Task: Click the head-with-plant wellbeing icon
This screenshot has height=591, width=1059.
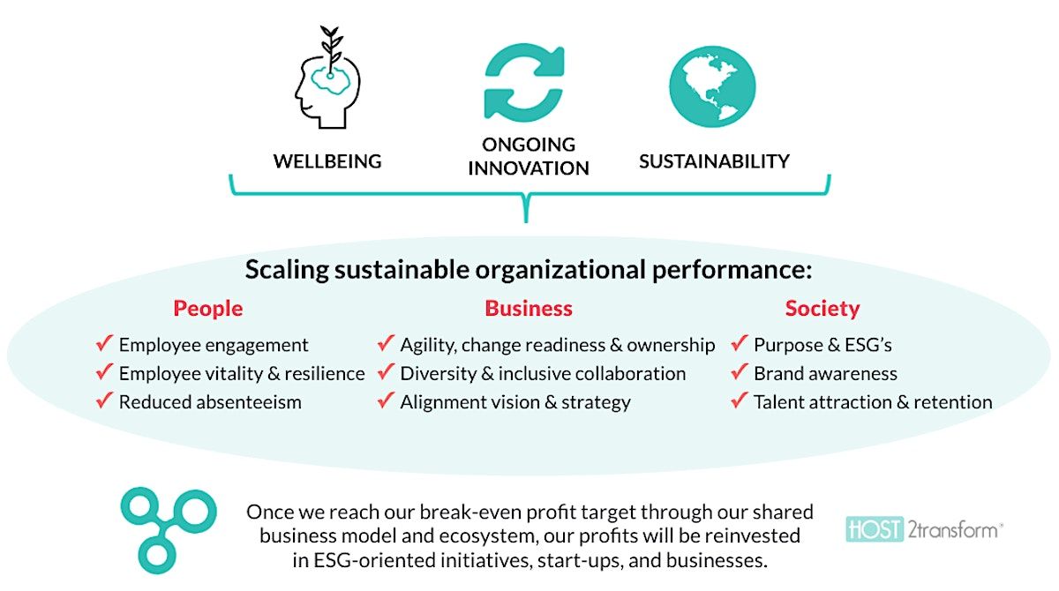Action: point(327,78)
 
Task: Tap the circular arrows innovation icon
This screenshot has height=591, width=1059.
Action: point(524,81)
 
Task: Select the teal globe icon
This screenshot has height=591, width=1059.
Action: point(712,86)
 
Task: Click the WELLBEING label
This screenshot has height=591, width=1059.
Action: point(327,161)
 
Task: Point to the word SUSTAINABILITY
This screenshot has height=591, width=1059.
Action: point(714,161)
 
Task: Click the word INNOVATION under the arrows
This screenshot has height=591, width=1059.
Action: point(529,168)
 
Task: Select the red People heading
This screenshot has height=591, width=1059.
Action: point(208,309)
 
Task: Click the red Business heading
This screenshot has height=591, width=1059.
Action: point(529,309)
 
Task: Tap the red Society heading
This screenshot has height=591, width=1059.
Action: point(822,309)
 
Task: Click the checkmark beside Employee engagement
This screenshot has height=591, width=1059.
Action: point(104,343)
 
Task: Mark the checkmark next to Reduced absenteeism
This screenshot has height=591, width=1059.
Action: point(104,400)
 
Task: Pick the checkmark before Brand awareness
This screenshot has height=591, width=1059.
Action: point(740,371)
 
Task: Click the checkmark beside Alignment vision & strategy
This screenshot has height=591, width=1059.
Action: point(387,400)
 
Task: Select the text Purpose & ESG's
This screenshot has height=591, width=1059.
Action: point(822,346)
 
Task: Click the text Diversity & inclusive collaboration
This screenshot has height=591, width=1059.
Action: point(543,374)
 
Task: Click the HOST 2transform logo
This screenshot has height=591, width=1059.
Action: point(924,529)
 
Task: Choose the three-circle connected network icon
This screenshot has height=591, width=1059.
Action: point(169,530)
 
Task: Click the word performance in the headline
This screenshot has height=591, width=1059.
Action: point(732,270)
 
